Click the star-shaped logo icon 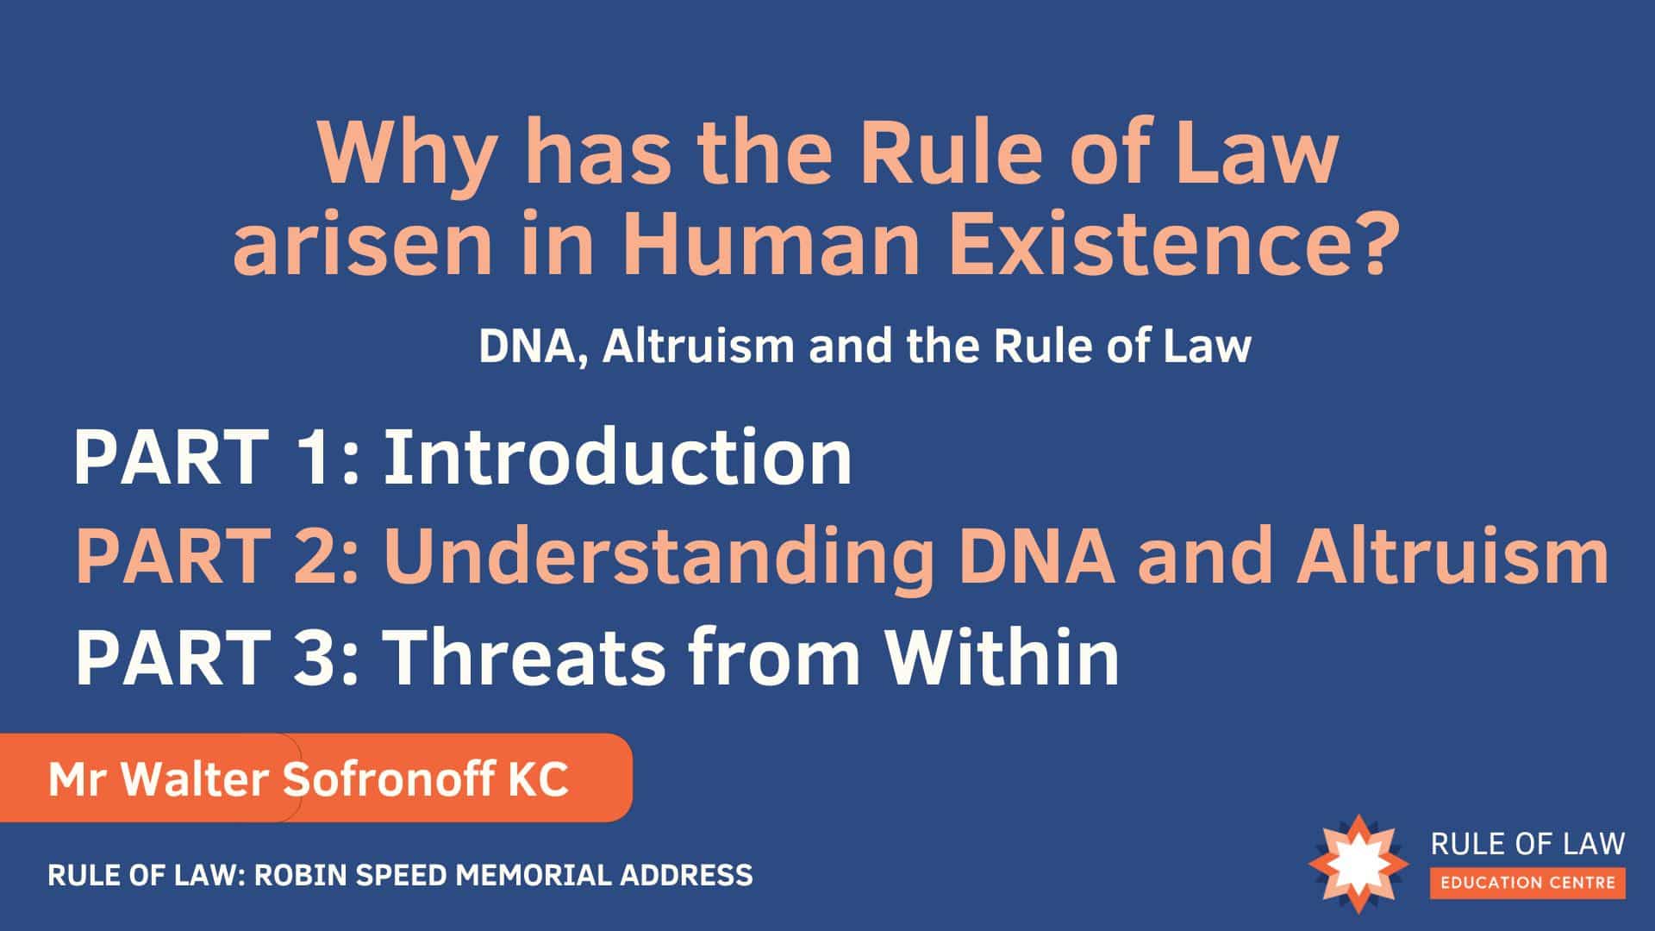point(1357,863)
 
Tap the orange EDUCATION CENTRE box point(1528,883)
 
